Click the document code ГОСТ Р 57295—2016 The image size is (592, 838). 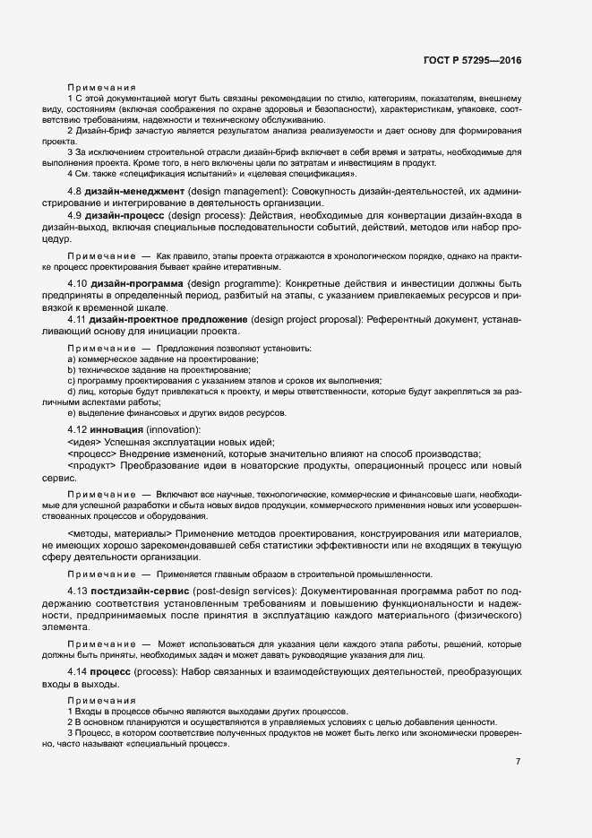pos(471,61)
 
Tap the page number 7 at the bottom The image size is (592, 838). pos(519,762)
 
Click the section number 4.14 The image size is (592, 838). pos(79,671)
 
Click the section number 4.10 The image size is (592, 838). pos(79,283)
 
